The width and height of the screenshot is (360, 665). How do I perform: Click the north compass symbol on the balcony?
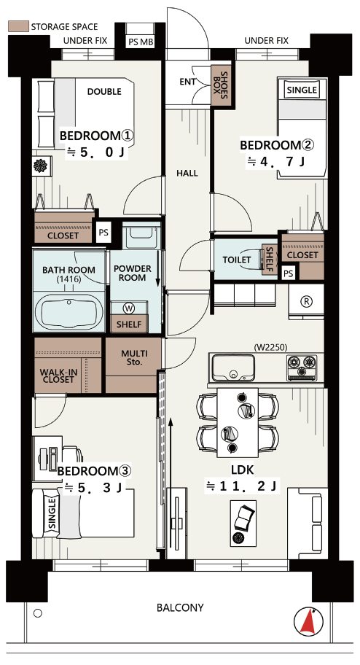coord(308,621)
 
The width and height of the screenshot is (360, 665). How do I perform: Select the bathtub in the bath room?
coord(69,312)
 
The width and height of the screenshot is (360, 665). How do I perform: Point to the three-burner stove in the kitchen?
coord(302,367)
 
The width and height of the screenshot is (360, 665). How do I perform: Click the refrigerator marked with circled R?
coord(306,302)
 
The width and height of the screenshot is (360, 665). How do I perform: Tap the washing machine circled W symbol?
coord(128,308)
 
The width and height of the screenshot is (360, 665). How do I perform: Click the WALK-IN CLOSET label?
coord(58,376)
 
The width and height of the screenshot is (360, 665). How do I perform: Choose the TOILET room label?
coord(237,260)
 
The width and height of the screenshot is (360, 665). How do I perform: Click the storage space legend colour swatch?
coord(18,27)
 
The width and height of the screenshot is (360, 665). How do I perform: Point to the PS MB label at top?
coord(141,42)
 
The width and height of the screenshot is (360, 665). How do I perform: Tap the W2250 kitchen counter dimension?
coord(270,347)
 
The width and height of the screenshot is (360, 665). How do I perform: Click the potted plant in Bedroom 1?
coord(40,166)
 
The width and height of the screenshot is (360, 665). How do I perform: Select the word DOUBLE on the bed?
coord(104,91)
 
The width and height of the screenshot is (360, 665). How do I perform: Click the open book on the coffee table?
coord(244,518)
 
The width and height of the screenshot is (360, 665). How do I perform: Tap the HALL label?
coord(187,173)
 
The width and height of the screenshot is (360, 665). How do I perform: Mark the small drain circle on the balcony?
coord(38,613)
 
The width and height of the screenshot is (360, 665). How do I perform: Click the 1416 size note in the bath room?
coord(69,279)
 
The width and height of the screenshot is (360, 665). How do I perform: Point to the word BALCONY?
coord(180,607)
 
